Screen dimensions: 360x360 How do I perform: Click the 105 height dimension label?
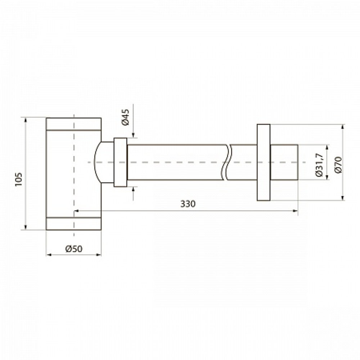pos(18,180)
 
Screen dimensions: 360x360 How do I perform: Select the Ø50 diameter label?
pos(74,249)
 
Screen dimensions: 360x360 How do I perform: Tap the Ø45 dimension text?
pos(125,117)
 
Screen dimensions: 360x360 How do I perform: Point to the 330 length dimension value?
pos(188,204)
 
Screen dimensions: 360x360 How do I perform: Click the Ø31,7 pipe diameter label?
pos(319,165)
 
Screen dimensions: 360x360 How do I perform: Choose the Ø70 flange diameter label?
pos(338,165)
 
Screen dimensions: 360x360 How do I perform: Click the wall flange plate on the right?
pos(264,162)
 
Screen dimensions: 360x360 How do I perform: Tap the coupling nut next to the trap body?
pos(120,162)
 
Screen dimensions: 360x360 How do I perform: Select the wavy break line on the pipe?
pos(227,162)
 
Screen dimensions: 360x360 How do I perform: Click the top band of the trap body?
pos(73,124)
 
